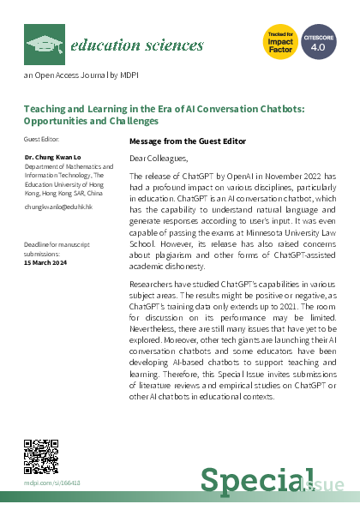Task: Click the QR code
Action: click(x=39, y=455)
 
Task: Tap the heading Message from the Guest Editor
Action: click(x=187, y=141)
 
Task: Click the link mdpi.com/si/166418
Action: click(x=51, y=483)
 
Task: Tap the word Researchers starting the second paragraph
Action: click(x=151, y=283)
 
